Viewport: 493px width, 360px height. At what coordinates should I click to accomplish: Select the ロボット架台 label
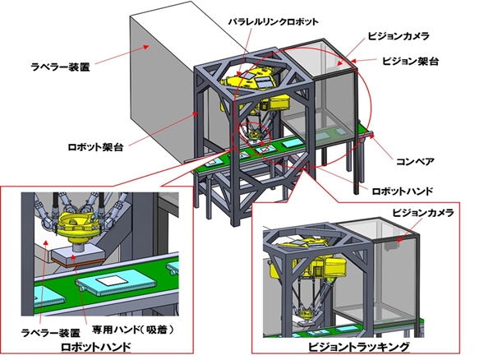click(96, 148)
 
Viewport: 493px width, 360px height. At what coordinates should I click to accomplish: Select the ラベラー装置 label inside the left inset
click(51, 332)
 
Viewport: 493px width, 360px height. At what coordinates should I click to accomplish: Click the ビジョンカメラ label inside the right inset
click(420, 211)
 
